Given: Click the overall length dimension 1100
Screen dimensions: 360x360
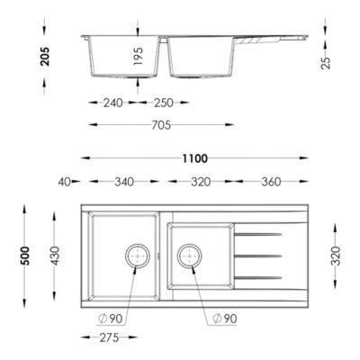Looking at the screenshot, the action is click(x=195, y=158).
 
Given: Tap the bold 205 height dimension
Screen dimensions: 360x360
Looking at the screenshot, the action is click(x=45, y=56).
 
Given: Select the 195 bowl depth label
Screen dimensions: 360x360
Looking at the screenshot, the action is click(x=139, y=56).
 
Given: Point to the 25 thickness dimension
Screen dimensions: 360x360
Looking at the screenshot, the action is click(x=326, y=63).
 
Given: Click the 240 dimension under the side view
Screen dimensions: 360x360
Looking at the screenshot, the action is click(x=113, y=103).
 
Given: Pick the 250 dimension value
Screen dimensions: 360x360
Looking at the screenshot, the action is click(x=164, y=103).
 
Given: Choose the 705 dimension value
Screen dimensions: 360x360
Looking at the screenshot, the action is click(x=161, y=125).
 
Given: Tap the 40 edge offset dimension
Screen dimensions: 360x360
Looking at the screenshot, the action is click(x=64, y=182).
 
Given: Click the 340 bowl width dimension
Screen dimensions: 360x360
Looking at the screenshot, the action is click(x=124, y=182).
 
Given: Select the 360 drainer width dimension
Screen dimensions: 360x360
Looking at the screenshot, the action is click(x=271, y=182).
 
